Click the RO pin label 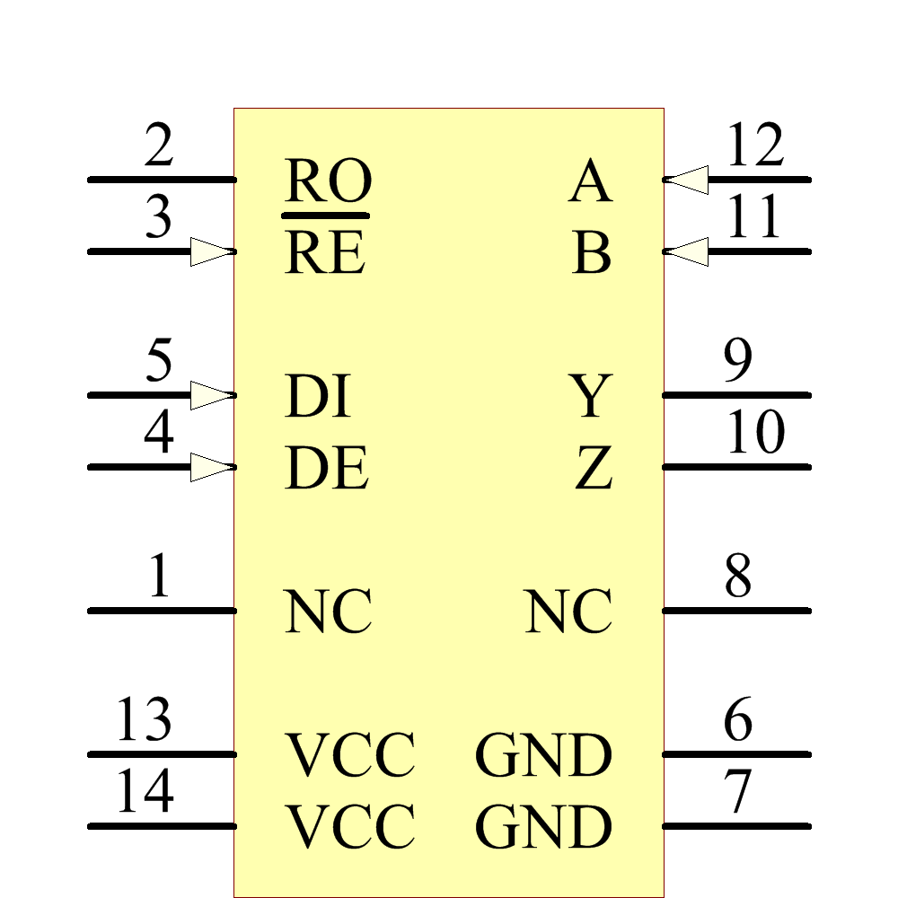pos(328,182)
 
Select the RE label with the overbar pos(325,253)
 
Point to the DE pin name pos(327,469)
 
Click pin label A pos(590,183)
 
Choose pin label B pos(592,254)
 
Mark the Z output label pos(593,469)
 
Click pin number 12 pos(754,146)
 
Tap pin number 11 pos(754,218)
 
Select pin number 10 pos(754,434)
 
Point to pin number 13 pos(144,720)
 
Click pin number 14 pos(144,792)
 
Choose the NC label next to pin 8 pos(568,612)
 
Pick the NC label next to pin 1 pos(329,612)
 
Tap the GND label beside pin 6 pos(543,756)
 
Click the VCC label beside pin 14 pos(350,827)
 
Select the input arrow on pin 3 pos(212,251)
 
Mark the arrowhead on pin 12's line pos(687,180)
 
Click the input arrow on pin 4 pos(212,467)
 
